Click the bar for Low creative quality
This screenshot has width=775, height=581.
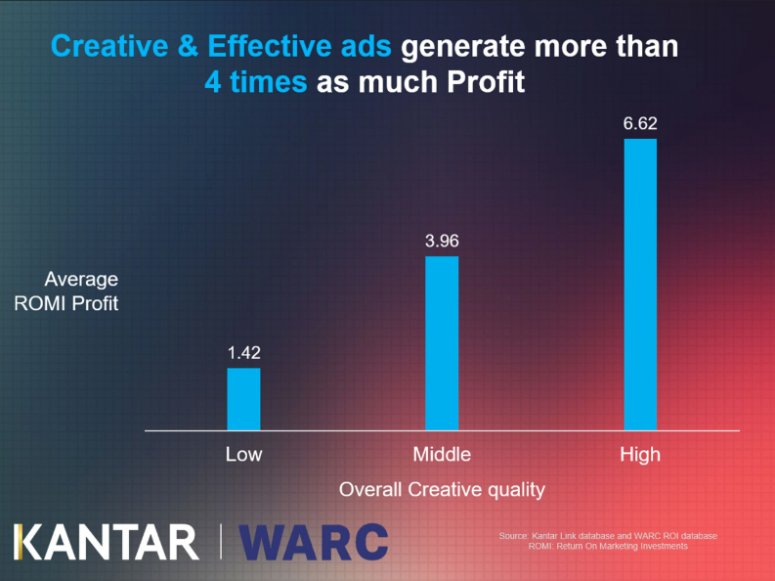[243, 399]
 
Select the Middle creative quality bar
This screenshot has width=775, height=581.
[442, 343]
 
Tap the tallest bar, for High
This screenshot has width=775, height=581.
[640, 285]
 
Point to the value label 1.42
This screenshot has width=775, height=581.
[243, 353]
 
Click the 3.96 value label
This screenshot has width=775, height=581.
[442, 241]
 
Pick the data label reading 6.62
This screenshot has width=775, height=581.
[640, 124]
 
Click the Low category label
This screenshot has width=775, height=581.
[243, 454]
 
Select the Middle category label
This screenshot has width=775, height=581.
[442, 454]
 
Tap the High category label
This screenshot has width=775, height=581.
[640, 454]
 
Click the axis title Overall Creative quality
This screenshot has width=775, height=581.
[442, 489]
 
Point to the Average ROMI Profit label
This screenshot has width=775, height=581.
[67, 291]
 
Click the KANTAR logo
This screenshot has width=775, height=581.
[106, 542]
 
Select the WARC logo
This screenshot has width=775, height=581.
[314, 542]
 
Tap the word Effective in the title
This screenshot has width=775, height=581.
[261, 46]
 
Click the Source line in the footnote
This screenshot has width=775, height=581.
[607, 536]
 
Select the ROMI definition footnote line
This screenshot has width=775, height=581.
[607, 546]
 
